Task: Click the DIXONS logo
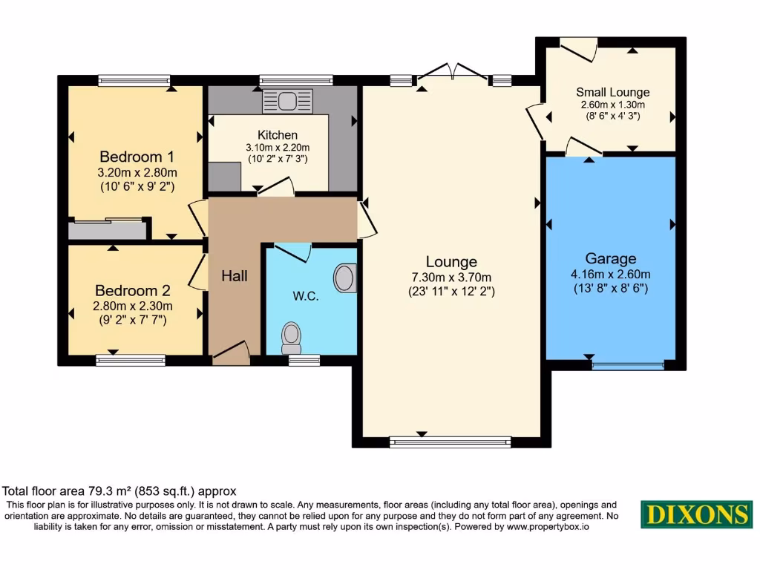[x=695, y=515]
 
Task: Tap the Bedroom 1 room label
[x=137, y=157]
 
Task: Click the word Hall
[x=235, y=276]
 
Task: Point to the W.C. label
[x=305, y=296]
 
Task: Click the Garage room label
[x=610, y=259]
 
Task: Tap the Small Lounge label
[x=612, y=92]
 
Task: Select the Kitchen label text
[x=277, y=135]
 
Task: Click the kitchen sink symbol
[x=288, y=100]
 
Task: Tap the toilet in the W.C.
[x=291, y=338]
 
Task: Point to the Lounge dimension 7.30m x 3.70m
[x=451, y=277]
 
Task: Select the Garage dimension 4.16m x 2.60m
[x=610, y=274]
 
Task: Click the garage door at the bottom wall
[x=627, y=365]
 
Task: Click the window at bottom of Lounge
[x=451, y=442]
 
